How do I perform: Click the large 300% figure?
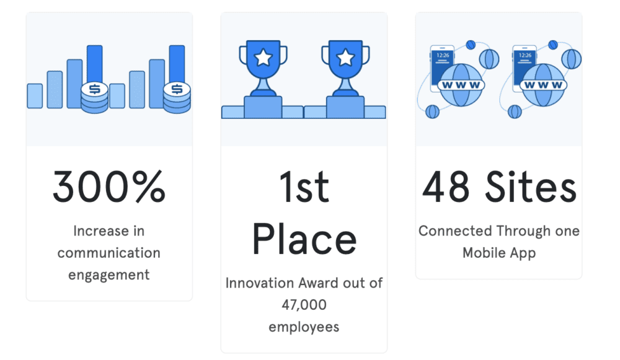pos(109,186)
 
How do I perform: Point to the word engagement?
pos(109,274)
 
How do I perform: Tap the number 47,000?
pos(304,305)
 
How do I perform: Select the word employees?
pos(304,327)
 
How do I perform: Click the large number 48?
pos(445,186)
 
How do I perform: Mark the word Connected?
pos(455,231)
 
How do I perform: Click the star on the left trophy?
pos(263,58)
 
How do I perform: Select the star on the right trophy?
pos(345,58)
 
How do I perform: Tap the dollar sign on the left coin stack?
pos(94,89)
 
